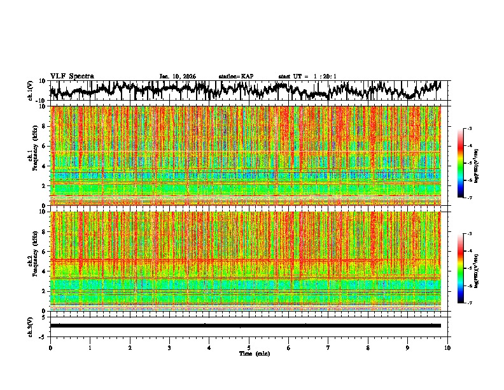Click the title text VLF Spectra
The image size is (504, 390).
(x=72, y=76)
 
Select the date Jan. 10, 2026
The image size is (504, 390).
(x=178, y=76)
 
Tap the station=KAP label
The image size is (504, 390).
(x=235, y=76)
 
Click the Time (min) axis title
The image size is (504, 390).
(x=249, y=353)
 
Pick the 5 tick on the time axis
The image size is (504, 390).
(x=249, y=347)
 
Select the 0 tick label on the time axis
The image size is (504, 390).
(x=50, y=347)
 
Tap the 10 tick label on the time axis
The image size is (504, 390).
(x=447, y=347)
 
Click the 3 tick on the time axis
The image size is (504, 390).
(x=169, y=347)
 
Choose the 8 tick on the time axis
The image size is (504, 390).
(x=368, y=347)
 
